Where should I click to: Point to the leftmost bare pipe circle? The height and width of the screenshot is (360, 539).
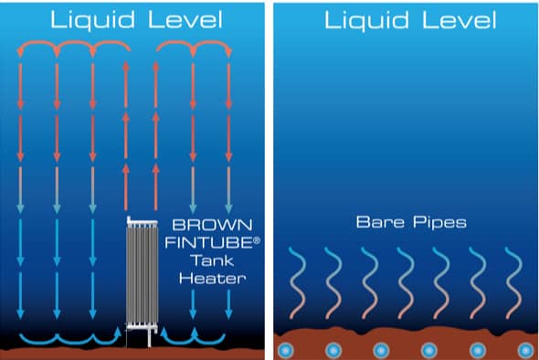(285, 350)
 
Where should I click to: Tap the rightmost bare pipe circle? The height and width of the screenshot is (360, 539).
(525, 350)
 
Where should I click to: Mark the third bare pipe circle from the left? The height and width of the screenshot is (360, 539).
(381, 350)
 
